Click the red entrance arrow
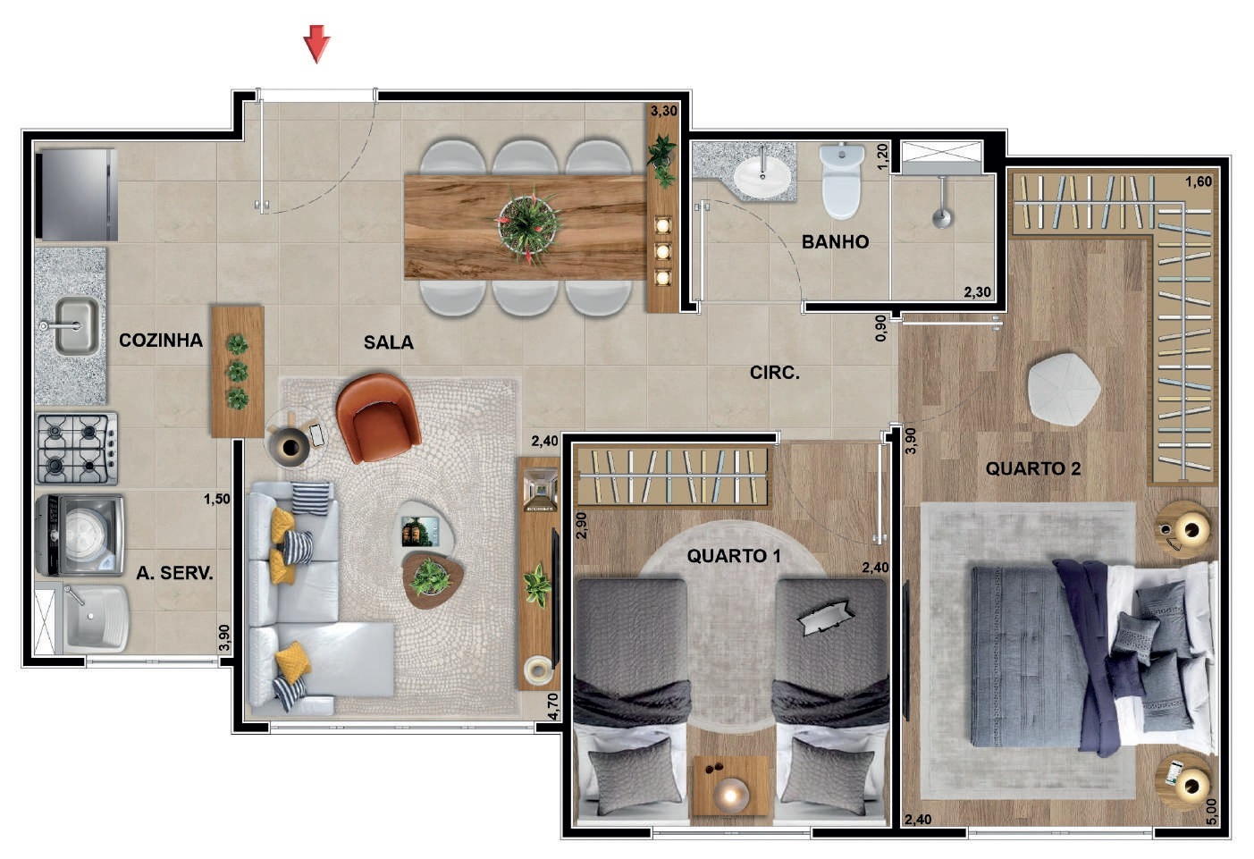[317, 43]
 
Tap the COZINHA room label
[161, 340]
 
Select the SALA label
[389, 342]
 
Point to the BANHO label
[835, 242]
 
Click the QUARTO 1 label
[734, 556]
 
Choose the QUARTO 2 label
[1033, 468]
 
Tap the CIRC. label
[775, 373]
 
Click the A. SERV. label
[174, 573]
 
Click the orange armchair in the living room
[378, 417]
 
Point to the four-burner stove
[77, 449]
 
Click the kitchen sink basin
[77, 325]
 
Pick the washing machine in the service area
[80, 535]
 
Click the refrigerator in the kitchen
[77, 194]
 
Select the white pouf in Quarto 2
[1064, 389]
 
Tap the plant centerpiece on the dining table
[527, 224]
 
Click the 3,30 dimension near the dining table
[664, 111]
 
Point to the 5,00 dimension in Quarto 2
[1211, 812]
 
